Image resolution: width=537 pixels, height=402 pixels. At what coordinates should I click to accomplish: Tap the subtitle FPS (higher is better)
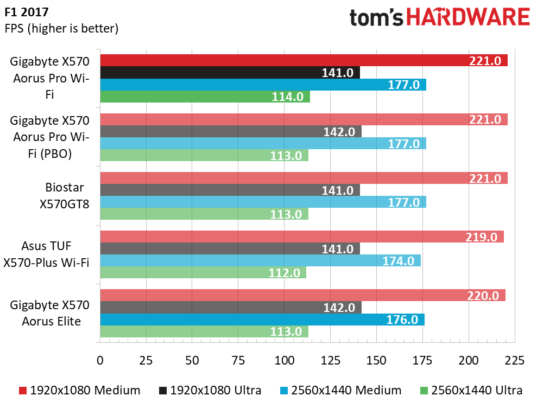point(61,28)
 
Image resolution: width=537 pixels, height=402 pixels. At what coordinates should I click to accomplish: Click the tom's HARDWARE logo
point(439,17)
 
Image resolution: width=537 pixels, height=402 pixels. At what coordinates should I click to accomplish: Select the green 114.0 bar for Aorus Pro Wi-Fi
point(205,97)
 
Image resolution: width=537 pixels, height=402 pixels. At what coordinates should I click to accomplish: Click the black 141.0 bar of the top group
point(230,73)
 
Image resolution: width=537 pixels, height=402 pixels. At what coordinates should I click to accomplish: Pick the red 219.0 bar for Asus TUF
point(302,237)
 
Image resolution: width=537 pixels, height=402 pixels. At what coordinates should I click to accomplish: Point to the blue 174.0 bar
point(260,260)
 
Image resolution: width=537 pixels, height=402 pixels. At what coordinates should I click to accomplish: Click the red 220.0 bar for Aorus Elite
point(302,295)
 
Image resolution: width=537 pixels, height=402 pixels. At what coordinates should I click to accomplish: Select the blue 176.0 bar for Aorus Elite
point(262,320)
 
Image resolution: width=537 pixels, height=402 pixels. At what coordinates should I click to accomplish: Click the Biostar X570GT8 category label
point(66,195)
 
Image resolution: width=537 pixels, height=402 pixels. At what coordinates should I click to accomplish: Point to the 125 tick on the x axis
point(331,360)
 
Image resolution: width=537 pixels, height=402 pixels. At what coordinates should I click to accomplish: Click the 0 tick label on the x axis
point(100,360)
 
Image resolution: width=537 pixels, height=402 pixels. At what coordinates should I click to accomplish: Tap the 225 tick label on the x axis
point(514,360)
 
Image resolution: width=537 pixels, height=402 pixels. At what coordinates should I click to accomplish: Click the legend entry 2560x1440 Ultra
point(471,390)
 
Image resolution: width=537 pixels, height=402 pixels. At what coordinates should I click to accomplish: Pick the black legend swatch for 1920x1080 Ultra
point(162,390)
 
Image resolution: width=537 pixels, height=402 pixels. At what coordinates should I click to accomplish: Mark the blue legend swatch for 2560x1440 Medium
point(284,390)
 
